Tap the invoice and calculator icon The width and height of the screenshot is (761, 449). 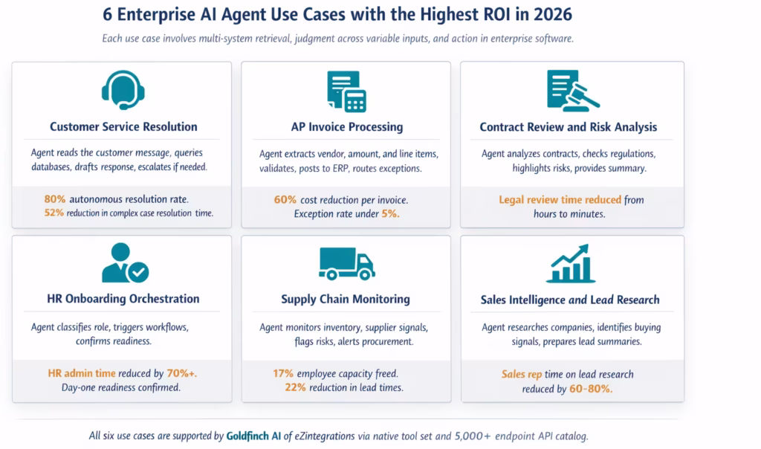[346, 91]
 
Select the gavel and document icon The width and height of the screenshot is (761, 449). [571, 91]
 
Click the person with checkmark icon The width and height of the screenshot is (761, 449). [123, 264]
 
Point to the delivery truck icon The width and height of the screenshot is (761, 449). [346, 263]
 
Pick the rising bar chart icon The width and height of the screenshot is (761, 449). [571, 264]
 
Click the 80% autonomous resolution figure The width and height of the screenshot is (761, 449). [56, 199]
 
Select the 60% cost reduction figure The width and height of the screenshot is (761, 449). [285, 200]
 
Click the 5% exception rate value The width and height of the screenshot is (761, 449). [389, 214]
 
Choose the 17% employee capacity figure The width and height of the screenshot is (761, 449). [283, 373]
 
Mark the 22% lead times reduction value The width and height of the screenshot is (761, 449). [296, 387]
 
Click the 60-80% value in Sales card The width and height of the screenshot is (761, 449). [591, 388]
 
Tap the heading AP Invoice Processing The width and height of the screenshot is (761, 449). [346, 127]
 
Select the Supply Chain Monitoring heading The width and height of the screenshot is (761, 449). [346, 299]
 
